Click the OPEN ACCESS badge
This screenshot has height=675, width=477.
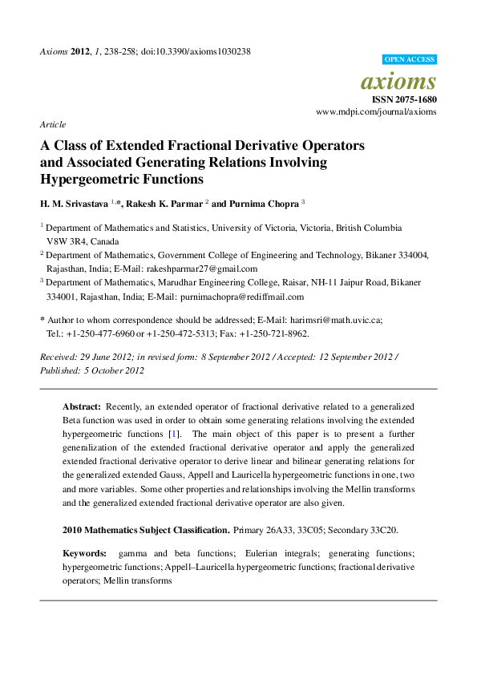tap(409, 59)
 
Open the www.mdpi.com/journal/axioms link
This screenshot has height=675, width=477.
tap(377, 112)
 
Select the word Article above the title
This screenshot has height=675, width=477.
tap(52, 124)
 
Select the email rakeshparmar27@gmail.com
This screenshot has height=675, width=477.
tap(206, 269)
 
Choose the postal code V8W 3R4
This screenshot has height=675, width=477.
tap(67, 241)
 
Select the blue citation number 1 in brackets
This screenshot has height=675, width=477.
tap(184, 434)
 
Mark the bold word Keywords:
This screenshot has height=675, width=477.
tap(84, 554)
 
